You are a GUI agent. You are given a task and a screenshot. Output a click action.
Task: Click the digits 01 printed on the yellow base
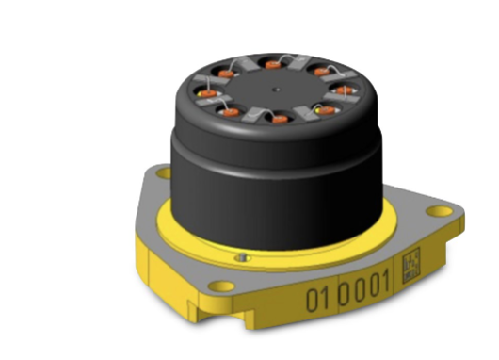(315, 301)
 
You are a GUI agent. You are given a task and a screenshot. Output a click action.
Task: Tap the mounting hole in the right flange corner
(439, 209)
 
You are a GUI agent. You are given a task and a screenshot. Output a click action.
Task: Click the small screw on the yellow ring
(242, 255)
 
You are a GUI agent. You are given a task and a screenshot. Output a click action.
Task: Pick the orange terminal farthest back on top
(273, 64)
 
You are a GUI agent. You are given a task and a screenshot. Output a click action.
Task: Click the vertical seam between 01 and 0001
(330, 298)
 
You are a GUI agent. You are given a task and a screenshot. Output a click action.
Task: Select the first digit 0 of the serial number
(310, 302)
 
